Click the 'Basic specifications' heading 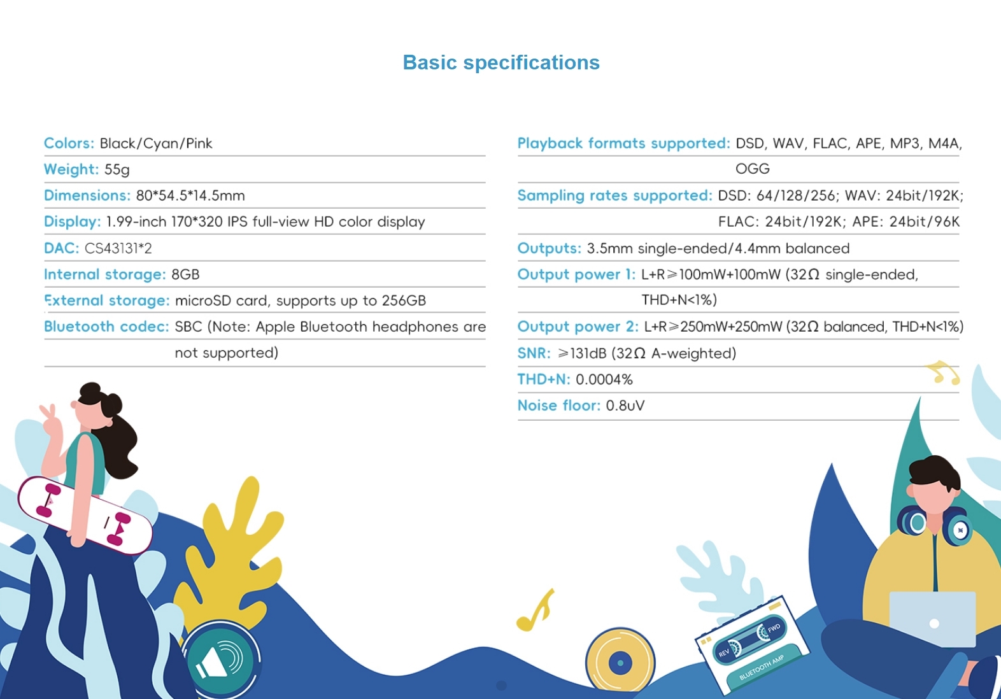click(501, 62)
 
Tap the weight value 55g click(117, 170)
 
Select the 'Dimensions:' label click(87, 195)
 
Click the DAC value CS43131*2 click(118, 248)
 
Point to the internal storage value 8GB click(185, 274)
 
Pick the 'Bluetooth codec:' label click(106, 327)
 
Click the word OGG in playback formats click(753, 169)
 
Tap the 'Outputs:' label click(549, 248)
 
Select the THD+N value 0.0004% click(604, 379)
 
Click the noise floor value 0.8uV click(625, 406)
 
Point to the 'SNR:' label click(534, 353)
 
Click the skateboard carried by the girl click(85, 515)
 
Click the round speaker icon click(221, 658)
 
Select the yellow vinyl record click(620, 662)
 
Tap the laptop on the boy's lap click(933, 619)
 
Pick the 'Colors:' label click(69, 143)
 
